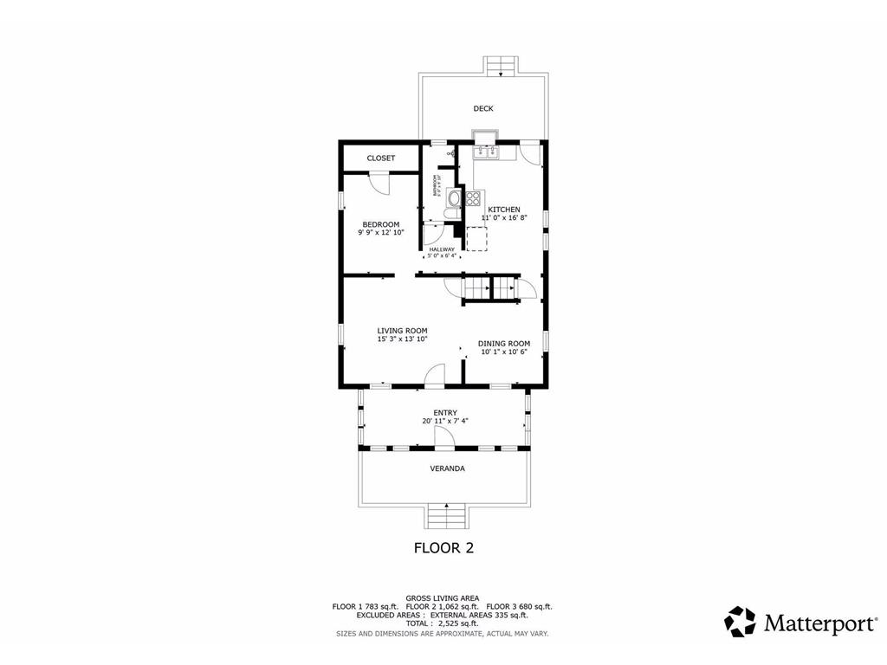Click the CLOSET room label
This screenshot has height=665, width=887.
tap(380, 158)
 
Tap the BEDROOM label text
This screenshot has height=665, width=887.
tap(380, 224)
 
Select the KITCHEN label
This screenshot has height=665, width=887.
tap(504, 210)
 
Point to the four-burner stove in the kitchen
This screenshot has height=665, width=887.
tap(474, 197)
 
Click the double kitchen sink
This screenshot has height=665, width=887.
tap(484, 152)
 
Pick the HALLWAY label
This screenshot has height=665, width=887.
tap(442, 249)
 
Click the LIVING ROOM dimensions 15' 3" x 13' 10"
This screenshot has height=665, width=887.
tap(402, 339)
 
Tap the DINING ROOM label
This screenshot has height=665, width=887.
tap(504, 344)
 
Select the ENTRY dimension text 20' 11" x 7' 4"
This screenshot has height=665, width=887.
tap(445, 421)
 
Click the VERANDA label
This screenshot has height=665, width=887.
tap(447, 468)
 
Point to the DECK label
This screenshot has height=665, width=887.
tap(483, 108)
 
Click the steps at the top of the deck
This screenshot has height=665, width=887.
tap(501, 66)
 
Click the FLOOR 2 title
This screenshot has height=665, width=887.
tap(443, 547)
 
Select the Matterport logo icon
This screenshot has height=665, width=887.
tap(740, 621)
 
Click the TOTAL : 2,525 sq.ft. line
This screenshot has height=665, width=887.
tap(443, 623)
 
